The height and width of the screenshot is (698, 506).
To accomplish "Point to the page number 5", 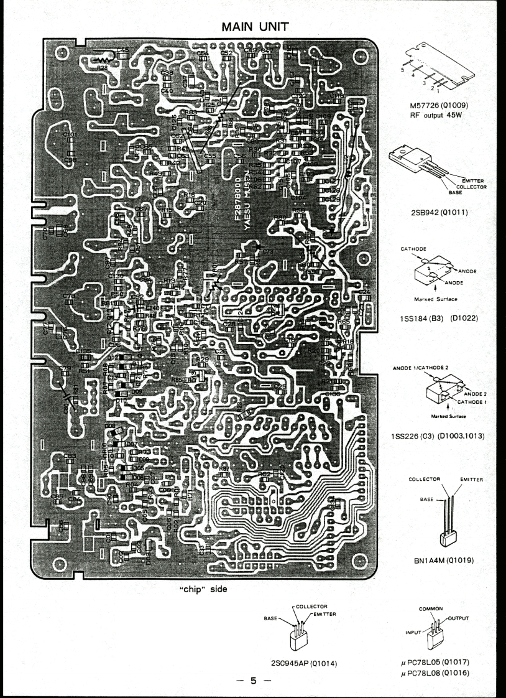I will coord(253,681).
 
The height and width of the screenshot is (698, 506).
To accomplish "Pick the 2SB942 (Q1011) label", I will coord(439,213).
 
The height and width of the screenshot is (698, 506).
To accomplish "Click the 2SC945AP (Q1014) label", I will coord(302,663).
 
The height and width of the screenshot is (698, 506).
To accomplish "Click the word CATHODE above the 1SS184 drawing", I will coord(413,248).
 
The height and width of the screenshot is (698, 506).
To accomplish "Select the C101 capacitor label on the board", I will coord(70,134).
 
